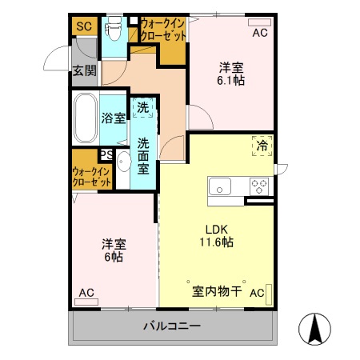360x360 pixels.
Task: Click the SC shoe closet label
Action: [x=84, y=27]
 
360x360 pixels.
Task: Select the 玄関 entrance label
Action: [x=84, y=71]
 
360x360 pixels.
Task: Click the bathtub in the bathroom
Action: [x=85, y=118]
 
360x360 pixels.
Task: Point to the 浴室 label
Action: [x=113, y=119]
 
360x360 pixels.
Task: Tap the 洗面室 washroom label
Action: [x=143, y=157]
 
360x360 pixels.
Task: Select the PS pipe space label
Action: [x=106, y=155]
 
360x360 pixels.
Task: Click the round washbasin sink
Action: [x=123, y=164]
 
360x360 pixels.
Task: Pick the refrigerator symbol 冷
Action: [x=262, y=146]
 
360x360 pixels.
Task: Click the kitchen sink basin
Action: [x=220, y=187]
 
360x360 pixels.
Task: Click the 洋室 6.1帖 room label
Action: [x=232, y=73]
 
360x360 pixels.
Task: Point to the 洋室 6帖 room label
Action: [x=113, y=250]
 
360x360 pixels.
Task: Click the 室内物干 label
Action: [x=216, y=292]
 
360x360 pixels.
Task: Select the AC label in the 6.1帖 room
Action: [x=260, y=34]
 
